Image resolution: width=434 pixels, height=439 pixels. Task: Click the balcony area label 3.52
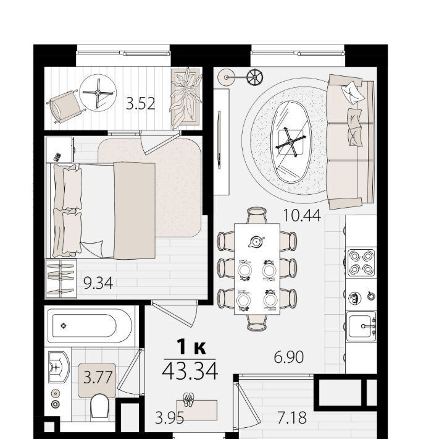(x=140, y=103)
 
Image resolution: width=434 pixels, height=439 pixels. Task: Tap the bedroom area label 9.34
(x=98, y=283)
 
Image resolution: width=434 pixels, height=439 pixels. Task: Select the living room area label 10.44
(x=302, y=216)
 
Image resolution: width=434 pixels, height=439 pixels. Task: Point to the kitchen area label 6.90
(x=289, y=357)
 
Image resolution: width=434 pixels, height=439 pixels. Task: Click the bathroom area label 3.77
(x=98, y=377)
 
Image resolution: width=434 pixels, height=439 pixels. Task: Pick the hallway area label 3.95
(x=169, y=418)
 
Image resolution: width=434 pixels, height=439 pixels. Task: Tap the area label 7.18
(x=292, y=418)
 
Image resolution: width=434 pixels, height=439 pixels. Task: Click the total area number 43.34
(x=190, y=371)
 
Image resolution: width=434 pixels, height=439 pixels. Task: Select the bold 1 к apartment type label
(x=192, y=347)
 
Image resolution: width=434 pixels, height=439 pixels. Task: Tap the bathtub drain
(x=64, y=326)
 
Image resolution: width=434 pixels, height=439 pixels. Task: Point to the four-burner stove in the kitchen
(x=361, y=262)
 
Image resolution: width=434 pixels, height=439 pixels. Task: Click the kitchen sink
(x=361, y=326)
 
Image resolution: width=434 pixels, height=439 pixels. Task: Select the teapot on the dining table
(x=256, y=241)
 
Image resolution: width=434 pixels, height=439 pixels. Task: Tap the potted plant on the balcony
(x=186, y=98)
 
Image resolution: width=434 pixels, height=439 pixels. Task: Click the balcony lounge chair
(x=66, y=107)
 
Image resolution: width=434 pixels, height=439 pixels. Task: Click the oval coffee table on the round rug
(x=291, y=142)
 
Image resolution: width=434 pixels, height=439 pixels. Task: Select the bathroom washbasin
(x=58, y=367)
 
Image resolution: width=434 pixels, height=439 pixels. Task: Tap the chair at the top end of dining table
(x=257, y=215)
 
